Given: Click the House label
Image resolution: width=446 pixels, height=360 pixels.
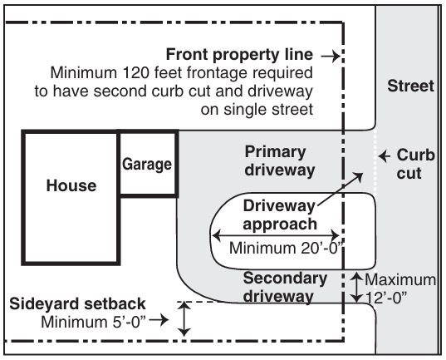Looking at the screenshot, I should [x=71, y=185].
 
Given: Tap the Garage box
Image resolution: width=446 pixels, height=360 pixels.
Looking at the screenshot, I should [x=147, y=164].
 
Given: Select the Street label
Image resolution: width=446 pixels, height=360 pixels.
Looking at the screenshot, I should [x=410, y=86].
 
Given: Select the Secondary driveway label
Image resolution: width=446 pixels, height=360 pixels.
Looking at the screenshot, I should [x=285, y=286].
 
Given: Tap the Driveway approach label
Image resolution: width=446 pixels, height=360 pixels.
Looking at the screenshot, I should [x=279, y=215].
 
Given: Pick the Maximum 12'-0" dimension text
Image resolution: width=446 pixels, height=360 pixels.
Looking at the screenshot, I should [x=401, y=287].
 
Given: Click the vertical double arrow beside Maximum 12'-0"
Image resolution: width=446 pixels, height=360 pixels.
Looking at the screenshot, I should [x=355, y=287].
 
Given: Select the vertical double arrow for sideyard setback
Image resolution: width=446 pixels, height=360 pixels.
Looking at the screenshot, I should [x=187, y=319].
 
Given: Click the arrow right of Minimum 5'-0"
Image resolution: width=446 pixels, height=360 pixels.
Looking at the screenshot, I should [x=162, y=320].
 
